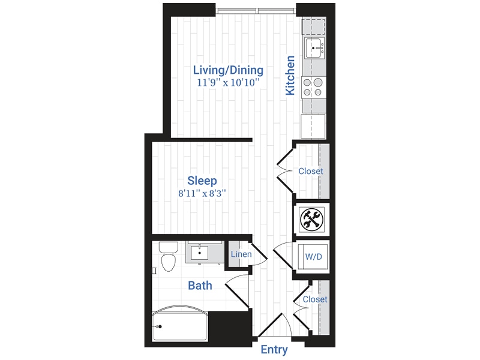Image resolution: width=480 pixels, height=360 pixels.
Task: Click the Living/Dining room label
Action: point(227,70)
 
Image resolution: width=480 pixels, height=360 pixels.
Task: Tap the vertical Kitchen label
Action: point(290,76)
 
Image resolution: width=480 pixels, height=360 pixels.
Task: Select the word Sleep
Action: point(202,181)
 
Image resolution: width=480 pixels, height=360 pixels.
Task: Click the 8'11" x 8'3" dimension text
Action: point(202,194)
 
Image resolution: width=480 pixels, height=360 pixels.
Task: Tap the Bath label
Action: point(200,286)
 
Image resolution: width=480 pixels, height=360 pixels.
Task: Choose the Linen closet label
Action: point(241,255)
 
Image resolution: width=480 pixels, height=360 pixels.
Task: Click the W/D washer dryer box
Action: point(313,257)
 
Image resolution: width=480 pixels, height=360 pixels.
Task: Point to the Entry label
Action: point(274,350)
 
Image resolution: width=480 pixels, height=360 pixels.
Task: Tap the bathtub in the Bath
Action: point(180,326)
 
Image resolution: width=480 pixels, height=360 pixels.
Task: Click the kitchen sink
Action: point(314,48)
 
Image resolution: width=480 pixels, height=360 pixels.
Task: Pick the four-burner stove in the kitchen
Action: point(313,87)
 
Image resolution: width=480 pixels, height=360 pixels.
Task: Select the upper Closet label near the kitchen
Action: point(311,171)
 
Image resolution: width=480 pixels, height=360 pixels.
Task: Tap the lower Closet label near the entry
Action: point(315,299)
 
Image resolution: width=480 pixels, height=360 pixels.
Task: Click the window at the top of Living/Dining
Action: point(256,10)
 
